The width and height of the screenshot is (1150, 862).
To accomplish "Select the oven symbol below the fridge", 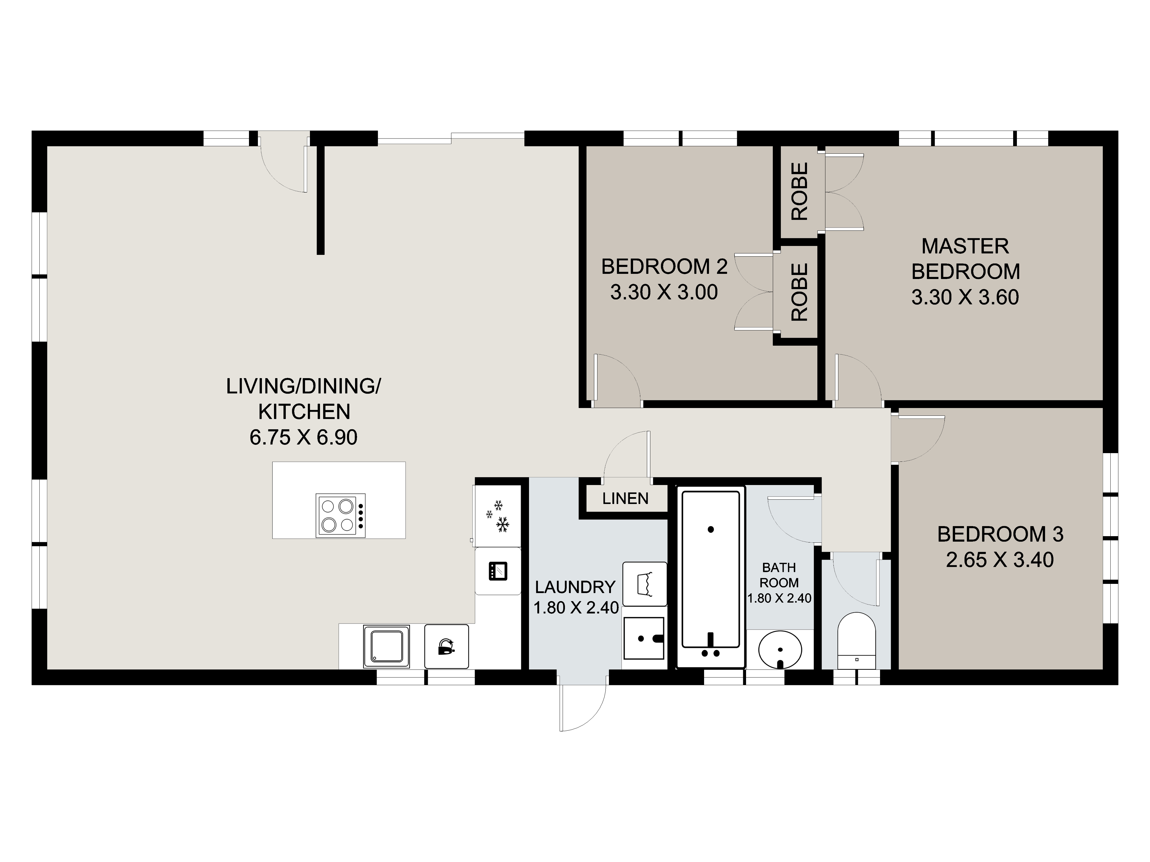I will point(498,571).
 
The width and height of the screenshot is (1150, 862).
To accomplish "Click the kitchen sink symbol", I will point(386,646).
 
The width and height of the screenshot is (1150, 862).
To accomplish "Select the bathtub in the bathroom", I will point(711,577).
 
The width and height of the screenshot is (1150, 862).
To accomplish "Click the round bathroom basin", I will point(780,649).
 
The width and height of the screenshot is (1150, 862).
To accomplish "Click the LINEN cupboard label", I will point(625,499).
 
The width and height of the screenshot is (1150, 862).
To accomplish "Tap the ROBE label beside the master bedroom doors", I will point(800,191).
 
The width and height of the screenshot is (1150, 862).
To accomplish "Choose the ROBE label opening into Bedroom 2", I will point(800,292).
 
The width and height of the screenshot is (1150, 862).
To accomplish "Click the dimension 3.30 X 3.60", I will point(965,297).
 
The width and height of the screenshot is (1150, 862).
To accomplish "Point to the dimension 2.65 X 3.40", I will point(1000,560).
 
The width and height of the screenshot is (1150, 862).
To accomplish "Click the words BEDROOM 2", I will point(664,267).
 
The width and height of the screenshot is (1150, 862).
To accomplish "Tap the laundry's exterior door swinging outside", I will point(582,707).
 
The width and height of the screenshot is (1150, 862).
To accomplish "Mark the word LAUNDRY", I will point(575,587).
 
